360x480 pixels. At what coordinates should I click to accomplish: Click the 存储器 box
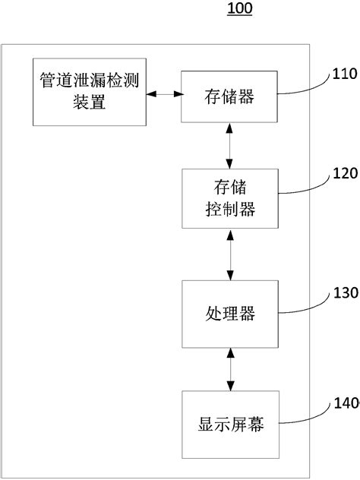click(x=229, y=96)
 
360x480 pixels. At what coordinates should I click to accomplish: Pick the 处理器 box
click(x=229, y=312)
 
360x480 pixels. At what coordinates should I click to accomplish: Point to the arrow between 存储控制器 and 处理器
click(x=229, y=254)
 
